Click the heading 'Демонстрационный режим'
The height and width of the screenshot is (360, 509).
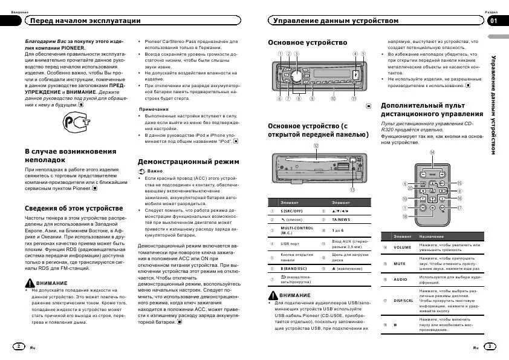point(189,162)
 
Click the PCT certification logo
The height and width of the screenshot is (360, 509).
point(76,125)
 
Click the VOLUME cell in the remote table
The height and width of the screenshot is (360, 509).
point(402,247)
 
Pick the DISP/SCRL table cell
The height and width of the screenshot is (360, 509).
point(403,300)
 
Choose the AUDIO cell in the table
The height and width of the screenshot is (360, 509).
point(401,280)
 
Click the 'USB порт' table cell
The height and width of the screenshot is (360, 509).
point(290,244)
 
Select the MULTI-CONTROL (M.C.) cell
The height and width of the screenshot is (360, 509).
point(297,231)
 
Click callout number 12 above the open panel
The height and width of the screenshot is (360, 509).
point(316,146)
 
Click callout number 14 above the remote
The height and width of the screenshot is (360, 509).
point(432,152)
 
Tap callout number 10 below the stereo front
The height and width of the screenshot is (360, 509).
point(332,98)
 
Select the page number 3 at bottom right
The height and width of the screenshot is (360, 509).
point(490,346)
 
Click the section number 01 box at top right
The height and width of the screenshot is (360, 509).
point(494,21)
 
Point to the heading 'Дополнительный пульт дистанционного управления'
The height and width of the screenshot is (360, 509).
point(432,110)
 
